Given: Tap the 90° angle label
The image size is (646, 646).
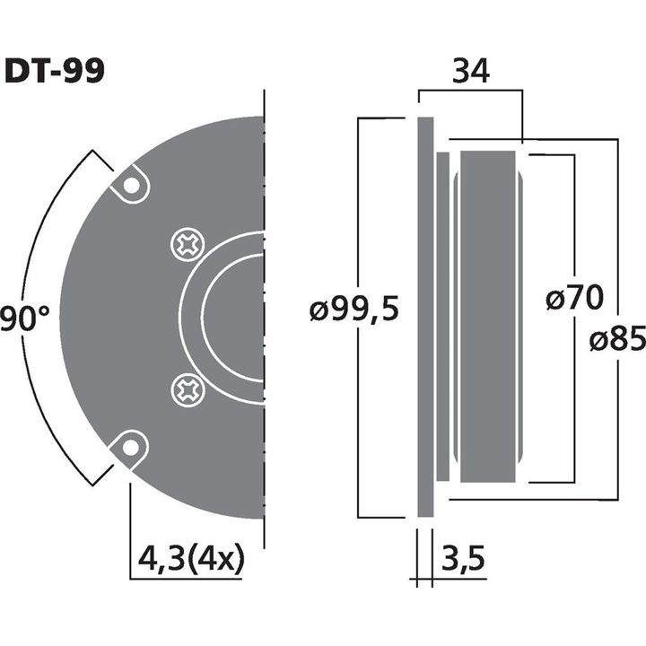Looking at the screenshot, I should pos(24,319).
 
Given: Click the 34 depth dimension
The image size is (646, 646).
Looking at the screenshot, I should pos(469,71).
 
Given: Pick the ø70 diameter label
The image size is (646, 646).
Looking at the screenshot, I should pos(574,298).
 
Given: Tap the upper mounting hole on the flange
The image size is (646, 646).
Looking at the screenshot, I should pos(132,186).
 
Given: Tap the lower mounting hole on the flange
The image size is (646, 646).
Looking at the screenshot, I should pos(132,445).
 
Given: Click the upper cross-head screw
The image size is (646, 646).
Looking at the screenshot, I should pos(188,244).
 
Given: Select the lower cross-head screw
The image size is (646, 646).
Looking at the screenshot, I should pos(188,389).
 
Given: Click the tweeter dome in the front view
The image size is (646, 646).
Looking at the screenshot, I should pos(235,316).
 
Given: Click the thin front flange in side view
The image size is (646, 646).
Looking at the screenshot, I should pos(425,317).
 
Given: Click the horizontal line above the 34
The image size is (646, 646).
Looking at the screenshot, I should pos(469,90).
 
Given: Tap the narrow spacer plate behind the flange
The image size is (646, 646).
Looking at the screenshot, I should pos(443,317).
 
